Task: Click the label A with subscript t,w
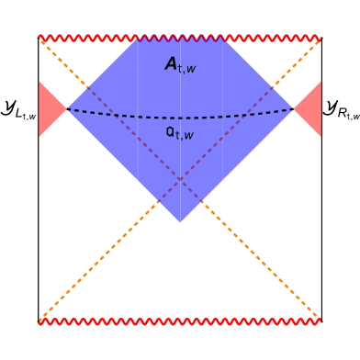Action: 180,64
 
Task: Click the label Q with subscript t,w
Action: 180,133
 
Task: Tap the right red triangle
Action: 310,109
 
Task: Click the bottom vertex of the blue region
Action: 180,223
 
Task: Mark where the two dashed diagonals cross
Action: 180,180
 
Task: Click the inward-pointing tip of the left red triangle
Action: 67,109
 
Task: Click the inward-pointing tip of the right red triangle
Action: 293,109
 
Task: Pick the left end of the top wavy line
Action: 39,39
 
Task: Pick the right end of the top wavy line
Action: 321,39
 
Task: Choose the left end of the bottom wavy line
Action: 39,321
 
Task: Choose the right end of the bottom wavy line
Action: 321,321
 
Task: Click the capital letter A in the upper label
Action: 172,63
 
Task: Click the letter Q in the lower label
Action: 171,132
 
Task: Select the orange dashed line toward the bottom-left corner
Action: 92,268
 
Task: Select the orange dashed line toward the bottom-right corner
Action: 268,268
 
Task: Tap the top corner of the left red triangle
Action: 39,82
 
